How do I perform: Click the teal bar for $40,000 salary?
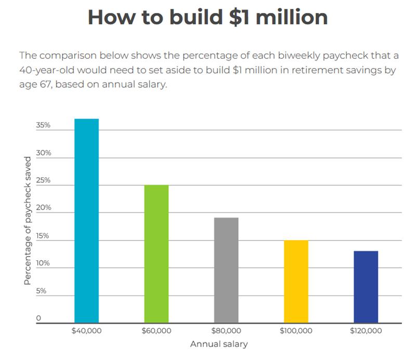click(86, 221)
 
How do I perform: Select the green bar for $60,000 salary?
click(157, 254)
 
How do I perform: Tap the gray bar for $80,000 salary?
click(226, 271)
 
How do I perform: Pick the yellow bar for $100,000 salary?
click(296, 282)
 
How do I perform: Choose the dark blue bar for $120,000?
click(366, 287)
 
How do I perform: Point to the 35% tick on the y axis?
click(43, 125)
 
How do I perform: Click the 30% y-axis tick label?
click(44, 153)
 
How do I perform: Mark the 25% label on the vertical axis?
click(43, 180)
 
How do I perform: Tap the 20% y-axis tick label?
click(44, 208)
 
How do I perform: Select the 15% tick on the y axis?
click(43, 236)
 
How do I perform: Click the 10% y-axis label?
click(43, 263)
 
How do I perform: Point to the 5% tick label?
click(41, 291)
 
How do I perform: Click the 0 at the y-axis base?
click(38, 318)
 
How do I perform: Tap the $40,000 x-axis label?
click(86, 331)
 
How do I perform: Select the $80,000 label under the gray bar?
click(226, 331)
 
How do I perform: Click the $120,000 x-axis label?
click(366, 331)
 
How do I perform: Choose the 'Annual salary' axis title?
click(219, 344)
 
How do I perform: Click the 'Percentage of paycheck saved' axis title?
click(28, 221)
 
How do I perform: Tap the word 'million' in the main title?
click(292, 17)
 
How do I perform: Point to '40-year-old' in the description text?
click(47, 70)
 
